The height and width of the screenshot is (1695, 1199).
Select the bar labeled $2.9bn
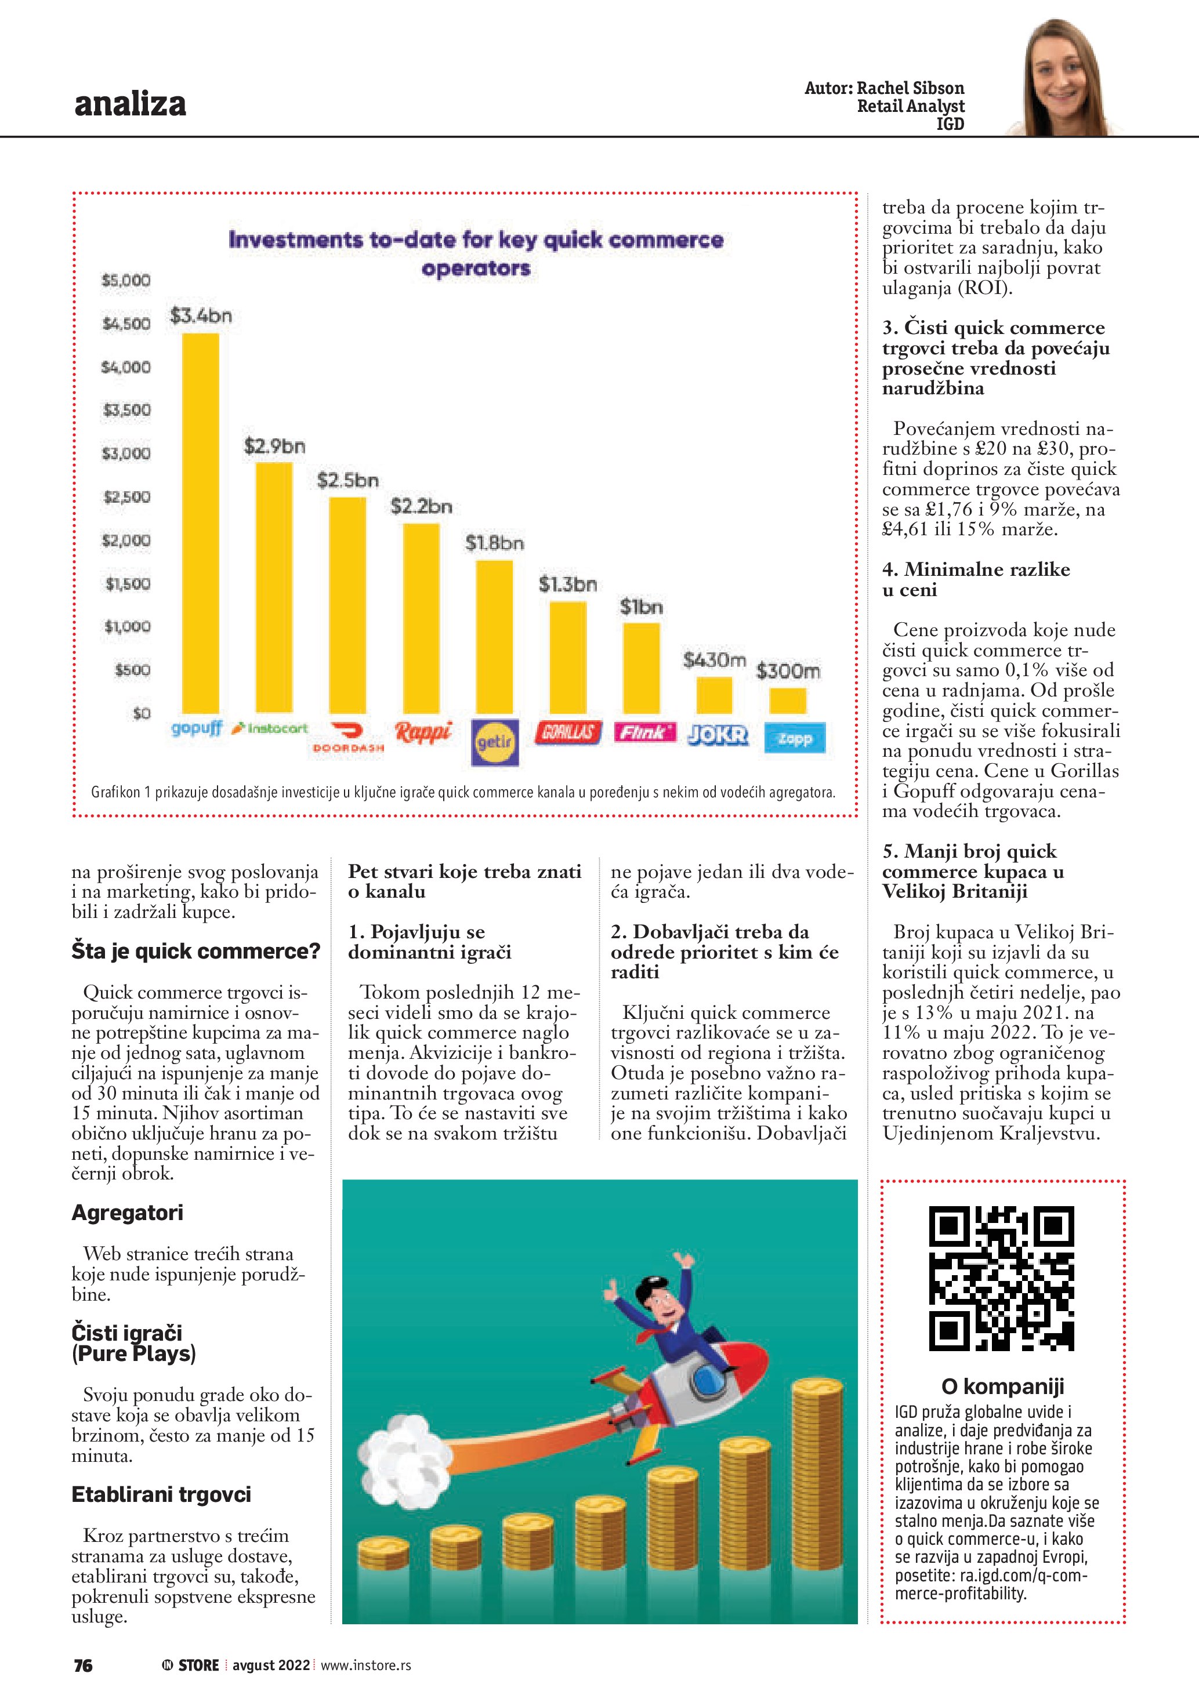274,587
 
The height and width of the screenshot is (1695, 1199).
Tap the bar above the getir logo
494,636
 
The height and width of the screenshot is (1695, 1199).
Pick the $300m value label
788,671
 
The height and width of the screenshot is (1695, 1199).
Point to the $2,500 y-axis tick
127,497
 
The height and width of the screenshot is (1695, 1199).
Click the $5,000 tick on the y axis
126,281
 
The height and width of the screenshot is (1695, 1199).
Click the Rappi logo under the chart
423,732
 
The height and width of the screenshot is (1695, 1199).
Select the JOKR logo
718,735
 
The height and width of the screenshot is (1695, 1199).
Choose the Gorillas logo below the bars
568,732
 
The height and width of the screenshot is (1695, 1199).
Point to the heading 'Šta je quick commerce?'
195,951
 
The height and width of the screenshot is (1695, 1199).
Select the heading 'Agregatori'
127,1213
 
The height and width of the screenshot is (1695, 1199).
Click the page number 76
83,1665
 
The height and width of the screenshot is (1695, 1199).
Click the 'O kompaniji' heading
1002,1387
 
